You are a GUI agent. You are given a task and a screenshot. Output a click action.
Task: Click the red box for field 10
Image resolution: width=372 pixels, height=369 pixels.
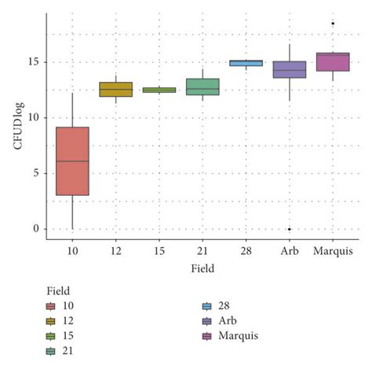pyautogui.click(x=72, y=161)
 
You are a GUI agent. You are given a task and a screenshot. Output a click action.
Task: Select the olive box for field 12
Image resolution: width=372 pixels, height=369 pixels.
pyautogui.click(x=115, y=89)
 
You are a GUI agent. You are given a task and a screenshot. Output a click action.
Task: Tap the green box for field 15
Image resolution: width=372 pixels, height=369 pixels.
pyautogui.click(x=159, y=90)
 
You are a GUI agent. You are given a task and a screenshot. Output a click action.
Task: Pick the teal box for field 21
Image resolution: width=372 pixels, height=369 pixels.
pyautogui.click(x=202, y=87)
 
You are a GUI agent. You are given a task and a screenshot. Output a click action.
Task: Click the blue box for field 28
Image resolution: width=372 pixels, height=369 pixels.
pyautogui.click(x=246, y=63)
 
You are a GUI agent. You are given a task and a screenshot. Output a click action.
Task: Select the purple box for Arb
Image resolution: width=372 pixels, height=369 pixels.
pyautogui.click(x=289, y=69)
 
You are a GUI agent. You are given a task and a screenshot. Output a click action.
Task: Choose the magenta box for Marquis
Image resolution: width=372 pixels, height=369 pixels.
pyautogui.click(x=333, y=61)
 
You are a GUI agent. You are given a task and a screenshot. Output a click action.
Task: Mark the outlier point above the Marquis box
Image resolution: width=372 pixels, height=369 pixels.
pyautogui.click(x=333, y=24)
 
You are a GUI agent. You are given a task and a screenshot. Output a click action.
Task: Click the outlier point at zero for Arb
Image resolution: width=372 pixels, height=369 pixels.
pyautogui.click(x=289, y=229)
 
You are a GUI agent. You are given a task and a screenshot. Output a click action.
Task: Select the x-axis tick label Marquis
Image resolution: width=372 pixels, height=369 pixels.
pyautogui.click(x=333, y=251)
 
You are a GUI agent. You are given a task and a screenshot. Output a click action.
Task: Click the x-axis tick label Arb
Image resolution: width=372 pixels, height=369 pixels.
pyautogui.click(x=289, y=251)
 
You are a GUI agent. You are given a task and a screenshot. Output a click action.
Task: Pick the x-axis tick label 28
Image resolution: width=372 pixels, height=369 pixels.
pyautogui.click(x=246, y=251)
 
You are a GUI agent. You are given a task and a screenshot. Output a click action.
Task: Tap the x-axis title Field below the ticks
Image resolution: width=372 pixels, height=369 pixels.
pyautogui.click(x=202, y=268)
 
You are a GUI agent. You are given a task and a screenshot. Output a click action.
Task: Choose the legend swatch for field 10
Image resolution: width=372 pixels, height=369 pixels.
pyautogui.click(x=51, y=306)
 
